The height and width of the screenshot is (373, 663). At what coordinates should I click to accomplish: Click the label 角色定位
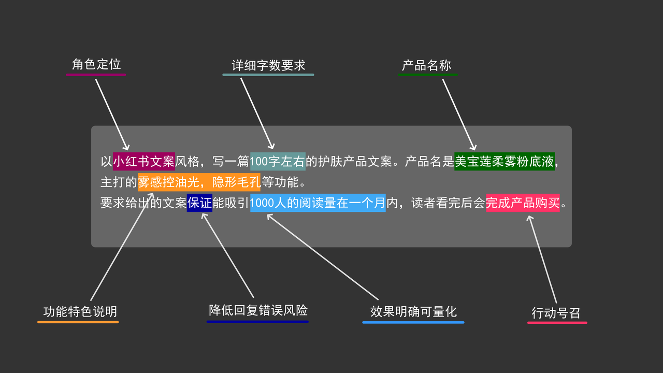pos(96,64)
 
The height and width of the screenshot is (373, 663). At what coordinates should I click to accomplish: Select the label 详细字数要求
pos(268,65)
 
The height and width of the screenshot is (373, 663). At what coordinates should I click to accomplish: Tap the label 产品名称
pos(427,65)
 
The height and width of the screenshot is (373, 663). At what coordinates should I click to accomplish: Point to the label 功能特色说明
pos(80,311)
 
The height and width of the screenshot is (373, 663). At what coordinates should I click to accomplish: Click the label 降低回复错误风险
pos(258,310)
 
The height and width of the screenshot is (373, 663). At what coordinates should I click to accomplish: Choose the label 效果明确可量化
pos(413,311)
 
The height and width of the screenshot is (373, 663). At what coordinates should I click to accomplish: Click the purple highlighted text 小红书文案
pos(144,162)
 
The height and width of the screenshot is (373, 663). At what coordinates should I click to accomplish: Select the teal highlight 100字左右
pos(278,162)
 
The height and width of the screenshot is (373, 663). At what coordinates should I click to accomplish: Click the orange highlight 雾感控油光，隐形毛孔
pos(199,182)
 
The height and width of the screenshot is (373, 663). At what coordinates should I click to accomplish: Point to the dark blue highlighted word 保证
pos(199,203)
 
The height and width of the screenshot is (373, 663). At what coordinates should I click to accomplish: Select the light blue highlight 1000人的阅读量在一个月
pos(318,203)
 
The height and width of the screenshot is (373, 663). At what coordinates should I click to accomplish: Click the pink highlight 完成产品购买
pos(523,203)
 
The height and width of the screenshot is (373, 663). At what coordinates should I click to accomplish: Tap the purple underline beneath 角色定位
pos(96,75)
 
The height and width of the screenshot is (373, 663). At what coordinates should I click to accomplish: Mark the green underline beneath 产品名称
pos(427,75)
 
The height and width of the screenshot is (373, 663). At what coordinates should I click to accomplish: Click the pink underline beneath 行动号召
pos(557,323)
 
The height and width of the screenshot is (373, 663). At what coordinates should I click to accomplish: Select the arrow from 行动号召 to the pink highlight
pos(542,259)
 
